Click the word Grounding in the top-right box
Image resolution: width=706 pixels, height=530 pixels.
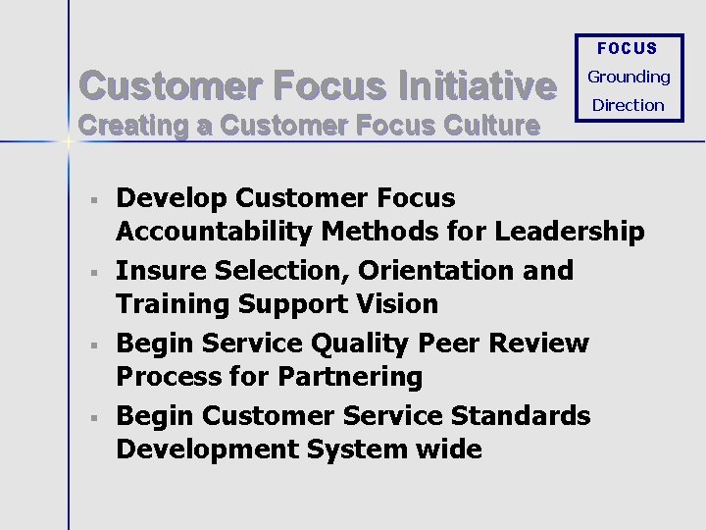629,77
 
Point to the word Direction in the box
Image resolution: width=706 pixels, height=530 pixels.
629,105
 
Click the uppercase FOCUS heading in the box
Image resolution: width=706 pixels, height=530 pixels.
628,48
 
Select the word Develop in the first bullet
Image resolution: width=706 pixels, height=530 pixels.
173,198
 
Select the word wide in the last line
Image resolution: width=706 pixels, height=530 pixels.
447,450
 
